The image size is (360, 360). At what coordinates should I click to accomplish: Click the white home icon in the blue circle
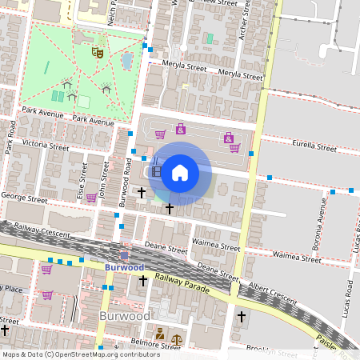click(x=180, y=172)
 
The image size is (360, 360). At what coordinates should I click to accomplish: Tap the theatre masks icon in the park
click(x=98, y=52)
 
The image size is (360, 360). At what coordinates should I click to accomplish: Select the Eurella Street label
click(x=314, y=147)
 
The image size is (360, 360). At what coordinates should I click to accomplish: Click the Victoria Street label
click(x=46, y=146)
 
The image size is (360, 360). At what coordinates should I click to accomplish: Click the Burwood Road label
click(x=127, y=178)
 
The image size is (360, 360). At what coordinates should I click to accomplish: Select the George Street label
click(x=26, y=196)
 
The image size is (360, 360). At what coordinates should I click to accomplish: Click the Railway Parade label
click(x=182, y=282)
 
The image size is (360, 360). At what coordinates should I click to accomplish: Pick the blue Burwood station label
click(x=123, y=267)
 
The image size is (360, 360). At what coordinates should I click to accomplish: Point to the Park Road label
click(x=10, y=136)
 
